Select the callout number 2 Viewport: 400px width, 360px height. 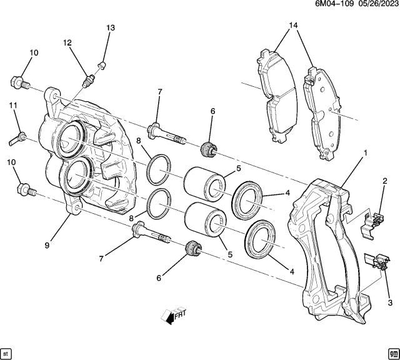pos(385,181)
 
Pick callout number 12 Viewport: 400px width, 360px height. pos(67,42)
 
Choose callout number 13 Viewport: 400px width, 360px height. pos(111,28)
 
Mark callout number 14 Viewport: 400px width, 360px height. pos(293,26)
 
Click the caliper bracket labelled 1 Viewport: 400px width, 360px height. pos(322,250)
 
